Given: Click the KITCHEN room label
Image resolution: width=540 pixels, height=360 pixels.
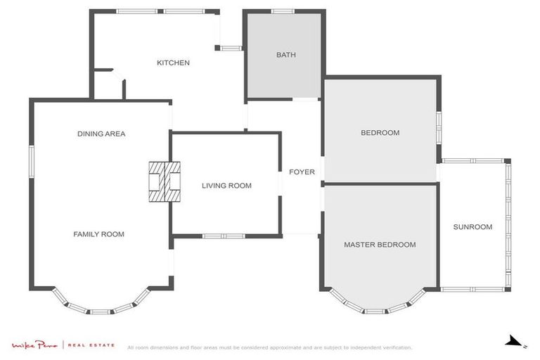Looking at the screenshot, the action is pos(173,63).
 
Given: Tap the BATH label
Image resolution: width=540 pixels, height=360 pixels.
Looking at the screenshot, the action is pos(286,55).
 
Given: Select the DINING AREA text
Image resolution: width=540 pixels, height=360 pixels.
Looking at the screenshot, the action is pos(101,134).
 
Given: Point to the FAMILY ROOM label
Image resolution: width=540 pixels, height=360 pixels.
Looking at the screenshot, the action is pos(99,234).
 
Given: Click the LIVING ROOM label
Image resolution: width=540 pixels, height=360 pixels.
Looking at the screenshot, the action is pos(226,186).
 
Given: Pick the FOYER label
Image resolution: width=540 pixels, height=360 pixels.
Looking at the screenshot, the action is pos(302,172).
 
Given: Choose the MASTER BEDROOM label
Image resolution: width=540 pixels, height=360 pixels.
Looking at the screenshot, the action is pos(380,245).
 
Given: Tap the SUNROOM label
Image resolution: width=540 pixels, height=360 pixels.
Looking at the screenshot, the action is pos(472,226).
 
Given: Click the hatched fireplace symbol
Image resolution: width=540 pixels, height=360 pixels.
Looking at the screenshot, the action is pos(165,181).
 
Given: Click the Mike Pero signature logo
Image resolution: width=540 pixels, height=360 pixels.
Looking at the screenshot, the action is pos(34,345).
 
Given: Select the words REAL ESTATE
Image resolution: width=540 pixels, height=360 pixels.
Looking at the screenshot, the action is pos(91,345).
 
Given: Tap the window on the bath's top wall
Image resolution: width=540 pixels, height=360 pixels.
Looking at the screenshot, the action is pos(283,11).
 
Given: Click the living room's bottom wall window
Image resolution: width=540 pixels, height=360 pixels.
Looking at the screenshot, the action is pos(224,236).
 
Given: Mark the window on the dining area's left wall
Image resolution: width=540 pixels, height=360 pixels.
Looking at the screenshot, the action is pos(32,162).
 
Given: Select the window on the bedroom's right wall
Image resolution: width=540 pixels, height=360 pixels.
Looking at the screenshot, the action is pos(439,127).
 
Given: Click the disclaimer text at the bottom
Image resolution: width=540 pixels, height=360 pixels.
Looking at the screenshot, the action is pos(270,347).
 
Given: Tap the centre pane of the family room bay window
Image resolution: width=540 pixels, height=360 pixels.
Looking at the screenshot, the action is pos(101,311).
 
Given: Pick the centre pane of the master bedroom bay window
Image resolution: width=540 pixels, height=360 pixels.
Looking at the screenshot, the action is pos(375,311).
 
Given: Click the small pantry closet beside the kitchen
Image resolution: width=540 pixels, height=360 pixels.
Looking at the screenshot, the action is pos(108,86).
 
